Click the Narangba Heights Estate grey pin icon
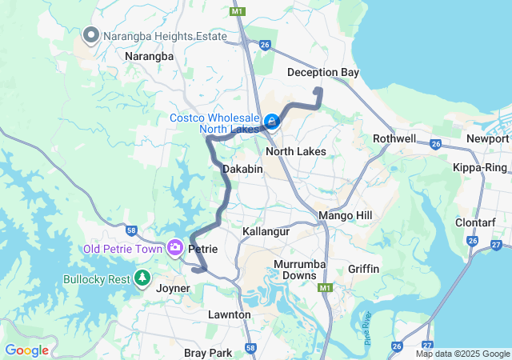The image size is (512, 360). [x=90, y=35]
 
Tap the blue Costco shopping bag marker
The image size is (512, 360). [x=272, y=122]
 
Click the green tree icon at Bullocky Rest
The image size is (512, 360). [x=142, y=278]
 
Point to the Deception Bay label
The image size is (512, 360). [x=323, y=73]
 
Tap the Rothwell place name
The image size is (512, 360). [x=394, y=138]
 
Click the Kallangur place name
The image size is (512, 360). [x=266, y=231]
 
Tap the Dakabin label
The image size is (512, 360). [x=242, y=170]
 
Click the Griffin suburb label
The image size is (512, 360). [x=363, y=269]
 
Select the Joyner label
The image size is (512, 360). [x=173, y=288]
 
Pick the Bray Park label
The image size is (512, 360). [x=208, y=353]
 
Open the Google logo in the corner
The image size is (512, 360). [x=26, y=350]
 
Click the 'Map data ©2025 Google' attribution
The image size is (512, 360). [x=462, y=354]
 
